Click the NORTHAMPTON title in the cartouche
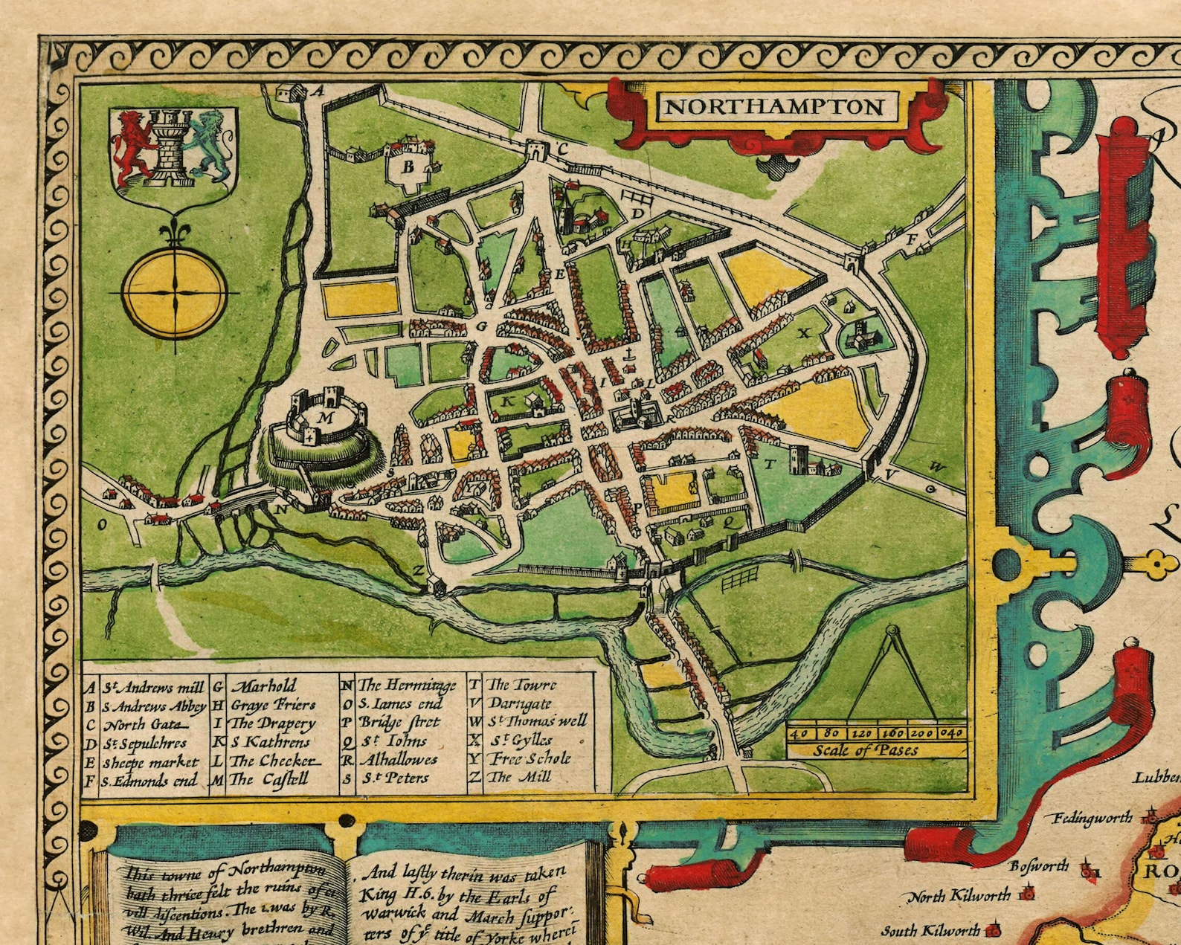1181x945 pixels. pos(773,107)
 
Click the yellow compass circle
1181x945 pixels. pos(175,291)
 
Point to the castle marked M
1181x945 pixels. pos(326,421)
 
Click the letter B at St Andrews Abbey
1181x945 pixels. pos(408,167)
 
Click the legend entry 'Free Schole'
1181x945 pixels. pos(530,759)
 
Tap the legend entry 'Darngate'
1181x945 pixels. pos(521,703)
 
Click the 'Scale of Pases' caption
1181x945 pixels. pos(865,750)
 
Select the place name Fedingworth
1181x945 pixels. pos(1092,819)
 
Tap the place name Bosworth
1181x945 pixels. pos(1039,866)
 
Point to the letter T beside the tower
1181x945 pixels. pos(770,464)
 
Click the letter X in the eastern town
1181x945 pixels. pos(802,334)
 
